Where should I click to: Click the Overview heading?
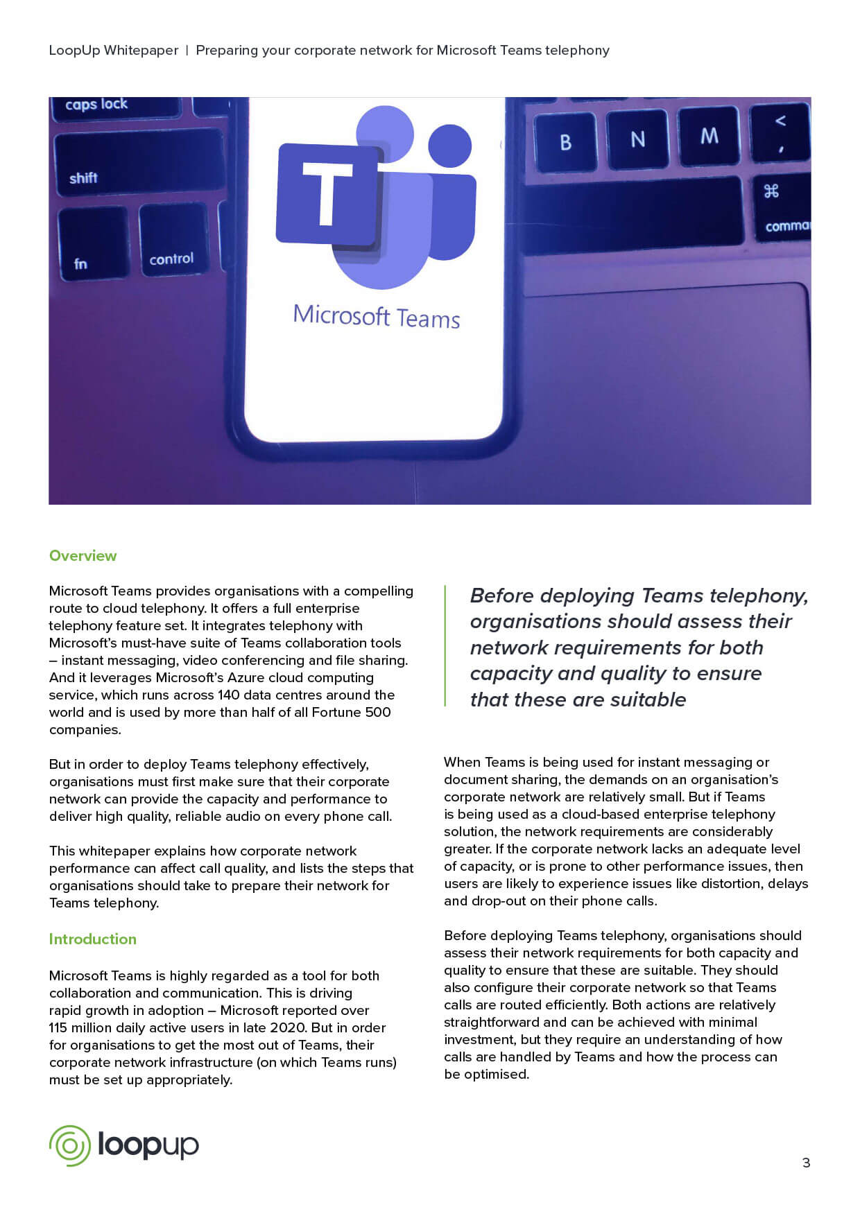83,556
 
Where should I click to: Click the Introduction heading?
92,939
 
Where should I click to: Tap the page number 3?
806,1163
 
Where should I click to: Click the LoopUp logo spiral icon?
69,1145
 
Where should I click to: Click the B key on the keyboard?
565,142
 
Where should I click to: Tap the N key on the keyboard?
638,139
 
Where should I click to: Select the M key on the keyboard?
709,136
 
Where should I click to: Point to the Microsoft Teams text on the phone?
377,317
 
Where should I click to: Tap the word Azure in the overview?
246,678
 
